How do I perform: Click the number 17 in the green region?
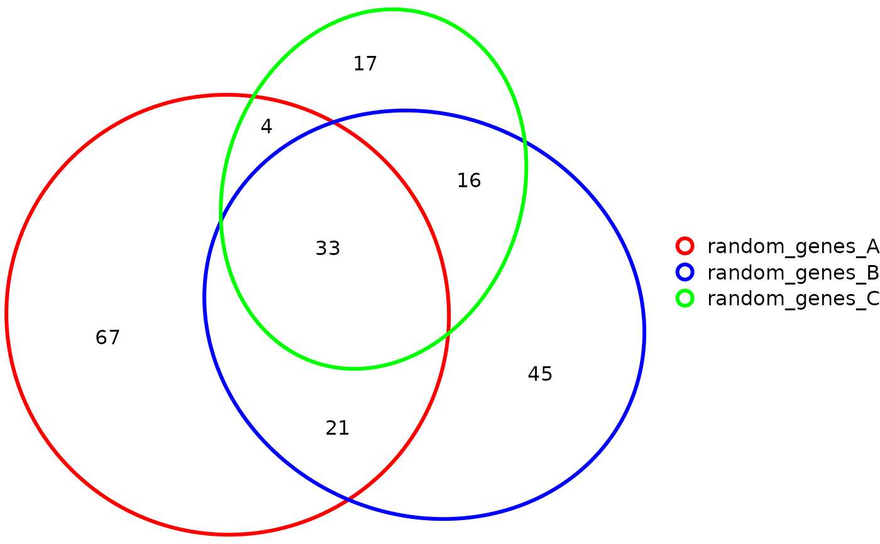(365, 64)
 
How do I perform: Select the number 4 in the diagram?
(267, 127)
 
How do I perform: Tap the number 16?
(469, 181)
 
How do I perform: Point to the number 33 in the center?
(327, 249)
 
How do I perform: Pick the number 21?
(338, 428)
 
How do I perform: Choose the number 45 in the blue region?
(540, 374)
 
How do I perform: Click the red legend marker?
(685, 246)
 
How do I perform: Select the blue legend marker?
(685, 272)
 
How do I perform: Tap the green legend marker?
(685, 298)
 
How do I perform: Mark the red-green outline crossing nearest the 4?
(253, 97)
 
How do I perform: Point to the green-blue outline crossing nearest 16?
(524, 140)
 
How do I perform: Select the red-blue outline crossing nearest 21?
(349, 499)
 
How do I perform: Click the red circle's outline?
(6, 314)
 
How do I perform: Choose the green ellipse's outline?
(392, 9)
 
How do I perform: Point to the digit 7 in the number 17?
(371, 64)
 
